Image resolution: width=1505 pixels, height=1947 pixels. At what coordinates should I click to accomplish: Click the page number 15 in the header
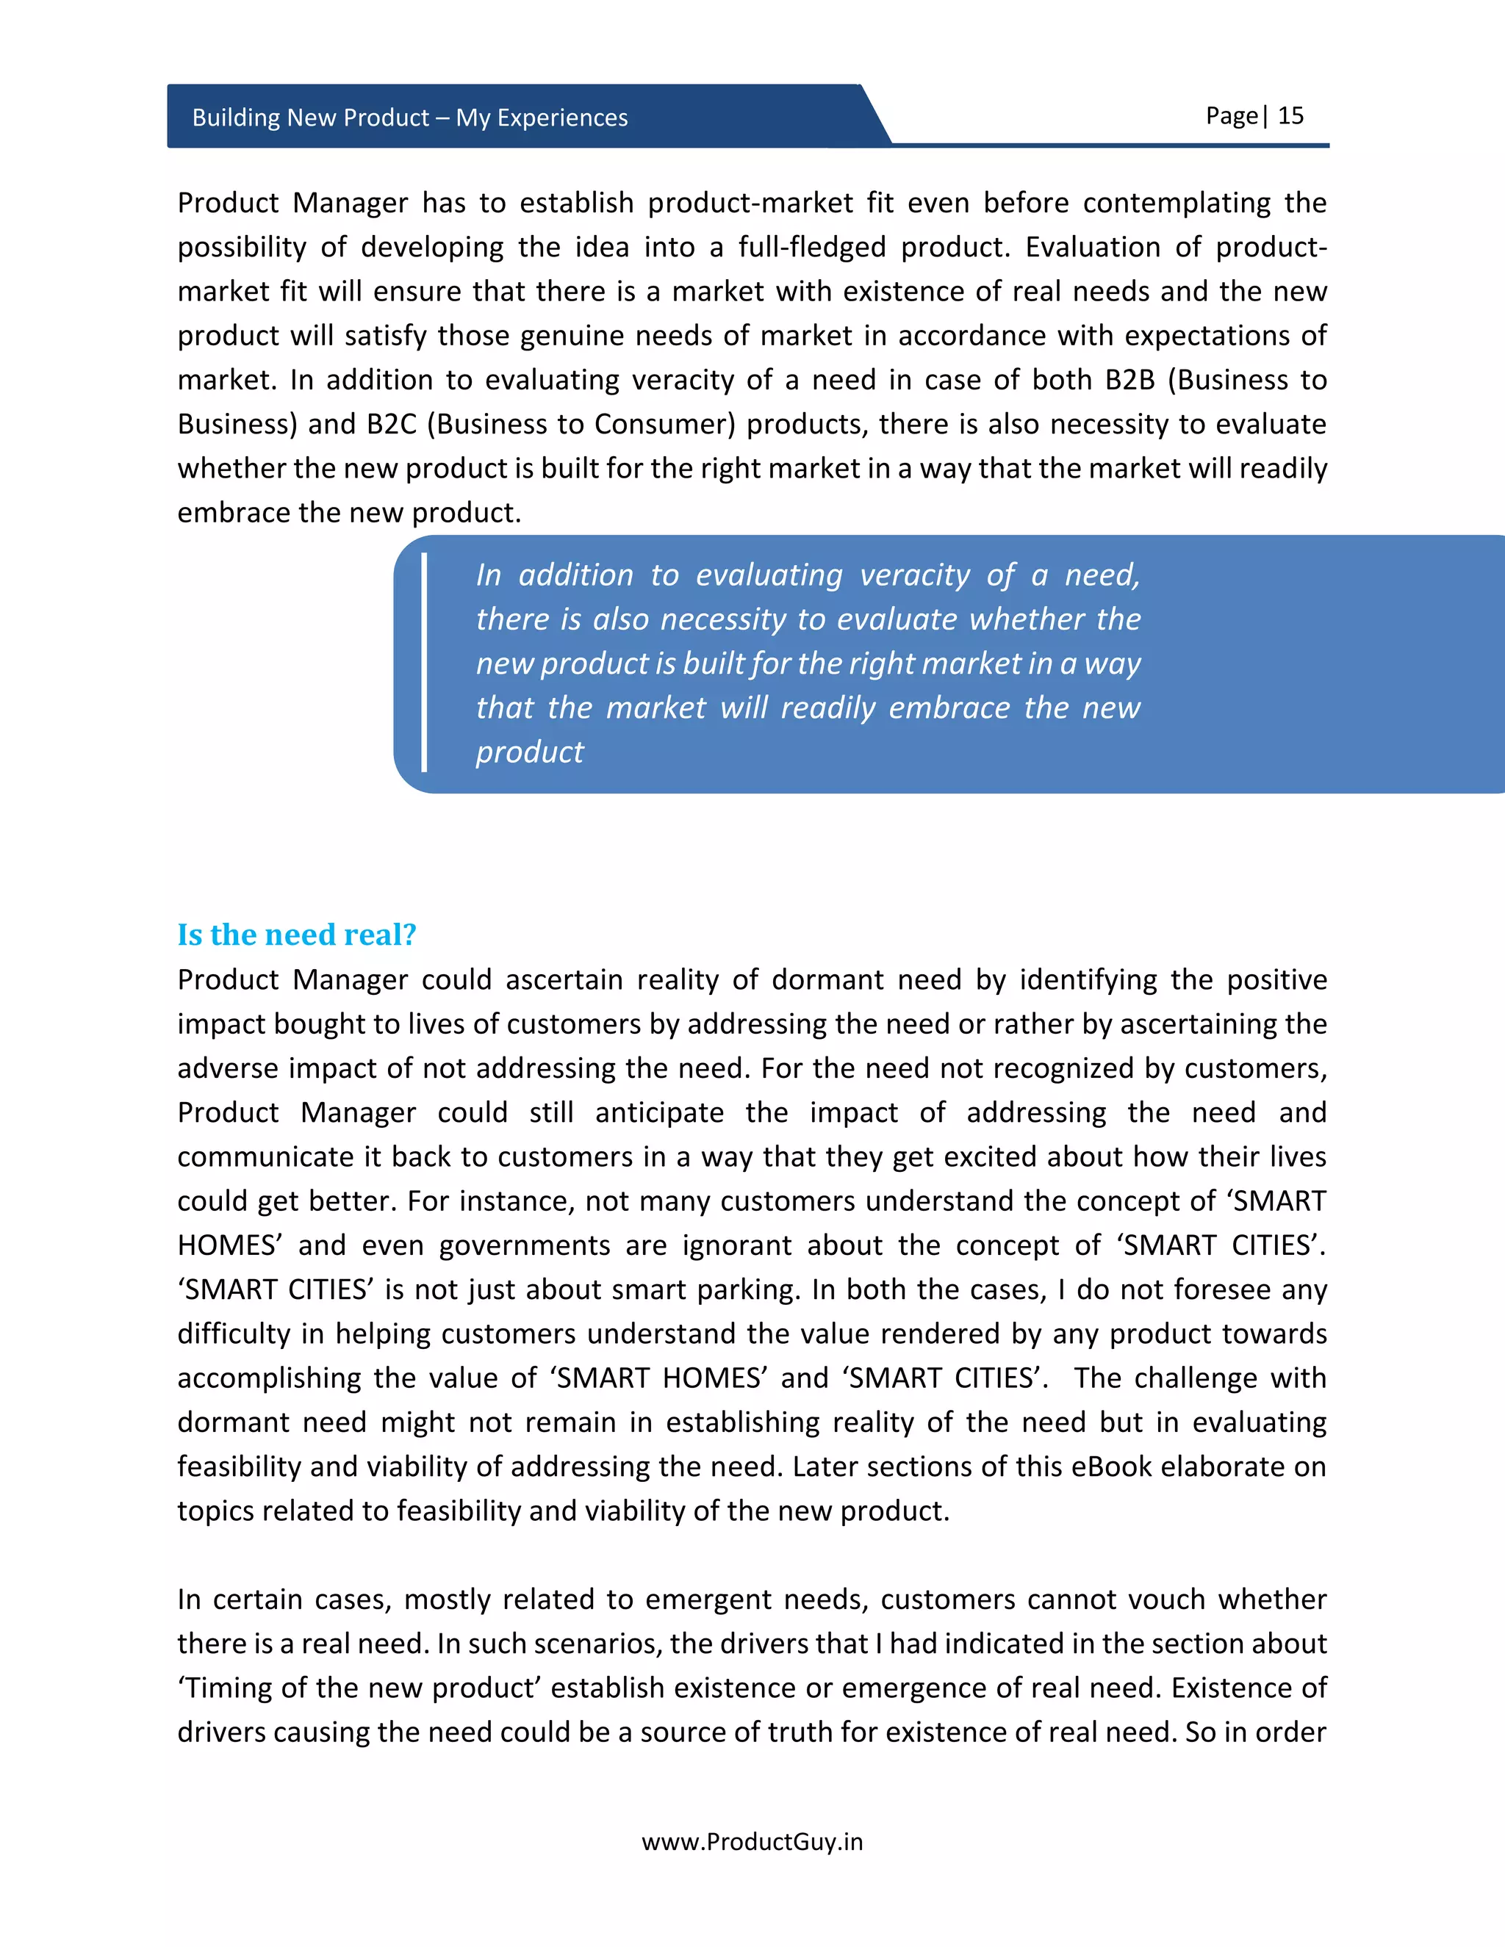[1290, 116]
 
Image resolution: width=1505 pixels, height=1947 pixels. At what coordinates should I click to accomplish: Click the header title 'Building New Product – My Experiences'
[409, 118]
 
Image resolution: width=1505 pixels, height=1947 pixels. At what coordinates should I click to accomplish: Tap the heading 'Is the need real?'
[296, 935]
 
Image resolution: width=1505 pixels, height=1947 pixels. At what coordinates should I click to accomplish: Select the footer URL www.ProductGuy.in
[752, 1842]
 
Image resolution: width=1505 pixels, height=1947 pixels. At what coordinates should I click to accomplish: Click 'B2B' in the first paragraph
[1129, 380]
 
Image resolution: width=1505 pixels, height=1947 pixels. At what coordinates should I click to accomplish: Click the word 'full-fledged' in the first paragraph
[811, 247]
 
